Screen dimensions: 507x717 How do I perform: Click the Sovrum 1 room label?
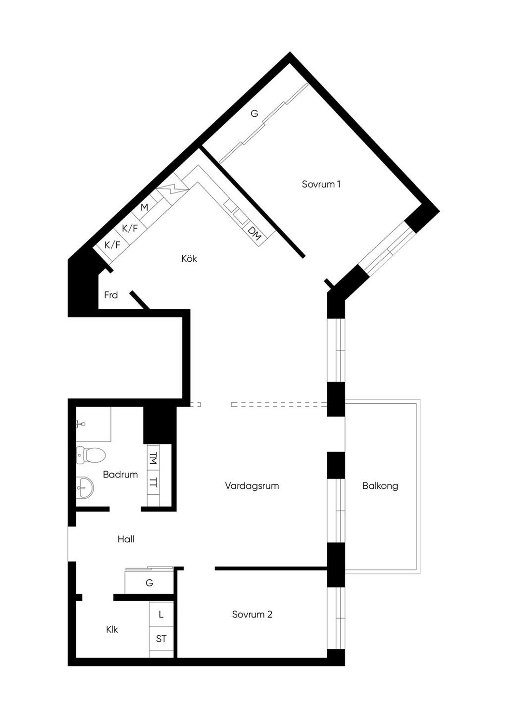click(321, 185)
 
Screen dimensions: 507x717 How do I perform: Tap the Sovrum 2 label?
click(252, 614)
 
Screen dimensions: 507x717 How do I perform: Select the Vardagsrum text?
click(252, 485)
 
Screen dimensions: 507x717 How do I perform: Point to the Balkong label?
click(380, 486)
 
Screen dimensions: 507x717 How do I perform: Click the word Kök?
click(189, 258)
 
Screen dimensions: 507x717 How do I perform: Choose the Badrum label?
click(120, 475)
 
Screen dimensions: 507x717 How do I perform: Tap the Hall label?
click(126, 539)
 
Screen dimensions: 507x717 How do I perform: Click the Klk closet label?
click(112, 629)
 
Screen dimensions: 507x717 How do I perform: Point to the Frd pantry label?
click(111, 295)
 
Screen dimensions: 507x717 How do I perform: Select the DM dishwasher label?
click(254, 234)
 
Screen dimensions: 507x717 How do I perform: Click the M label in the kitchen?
click(145, 207)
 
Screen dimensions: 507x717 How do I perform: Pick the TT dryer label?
click(153, 482)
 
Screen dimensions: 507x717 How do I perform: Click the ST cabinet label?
click(161, 639)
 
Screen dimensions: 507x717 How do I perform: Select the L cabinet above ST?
click(161, 614)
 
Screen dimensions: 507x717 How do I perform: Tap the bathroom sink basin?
click(85, 487)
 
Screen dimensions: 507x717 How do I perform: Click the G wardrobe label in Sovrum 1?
click(254, 114)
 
